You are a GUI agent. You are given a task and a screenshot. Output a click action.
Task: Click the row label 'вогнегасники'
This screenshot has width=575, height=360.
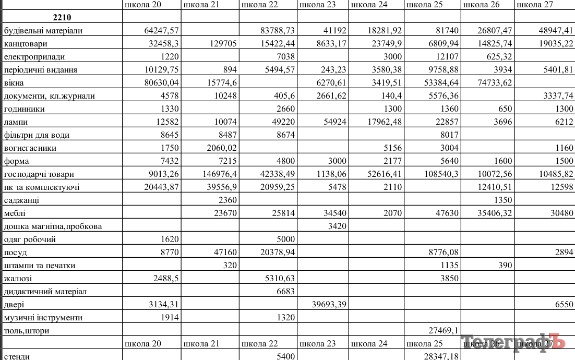click(30, 148)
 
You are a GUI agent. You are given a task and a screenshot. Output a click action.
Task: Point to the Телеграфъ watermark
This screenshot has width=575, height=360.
click(513, 342)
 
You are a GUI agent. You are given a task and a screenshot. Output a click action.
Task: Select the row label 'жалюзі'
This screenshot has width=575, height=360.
click(18, 279)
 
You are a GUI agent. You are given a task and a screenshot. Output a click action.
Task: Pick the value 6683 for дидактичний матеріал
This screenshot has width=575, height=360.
click(285, 292)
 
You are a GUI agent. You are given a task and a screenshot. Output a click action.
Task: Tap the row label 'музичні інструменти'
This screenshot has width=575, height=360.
click(43, 318)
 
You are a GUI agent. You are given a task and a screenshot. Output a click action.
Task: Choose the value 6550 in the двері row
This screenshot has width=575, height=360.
click(562, 305)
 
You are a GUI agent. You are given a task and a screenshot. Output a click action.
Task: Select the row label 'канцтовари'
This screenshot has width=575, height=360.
click(25, 44)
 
